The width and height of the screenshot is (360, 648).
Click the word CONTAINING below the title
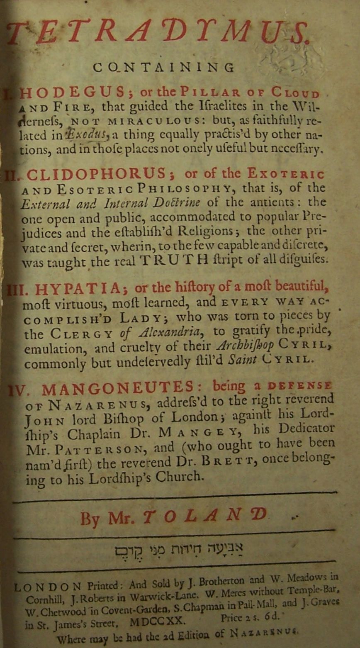(164, 68)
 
